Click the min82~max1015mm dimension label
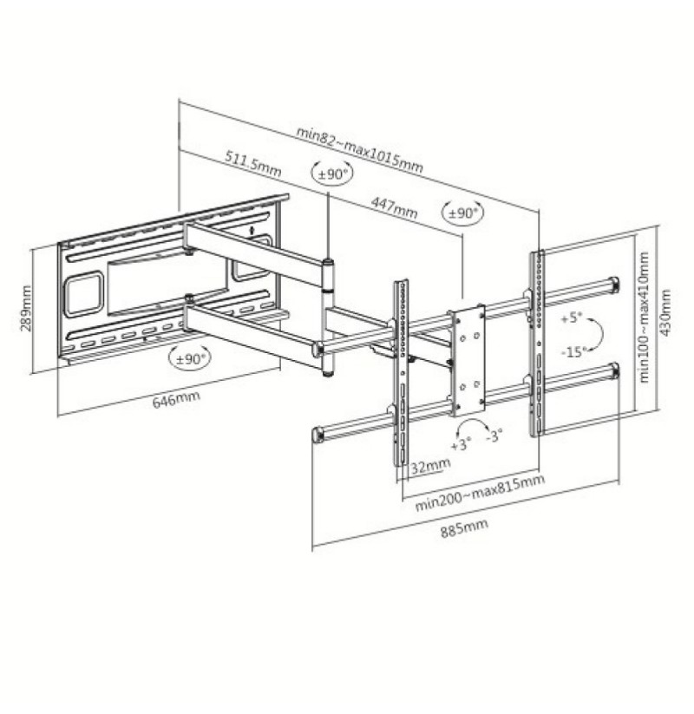359,149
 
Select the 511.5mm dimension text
253,163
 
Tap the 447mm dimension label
394,207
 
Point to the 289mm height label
26,308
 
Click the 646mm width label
176,399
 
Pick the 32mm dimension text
431,466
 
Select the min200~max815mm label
480,492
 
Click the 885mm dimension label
464,528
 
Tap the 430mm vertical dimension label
665,313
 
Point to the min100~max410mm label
643,318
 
